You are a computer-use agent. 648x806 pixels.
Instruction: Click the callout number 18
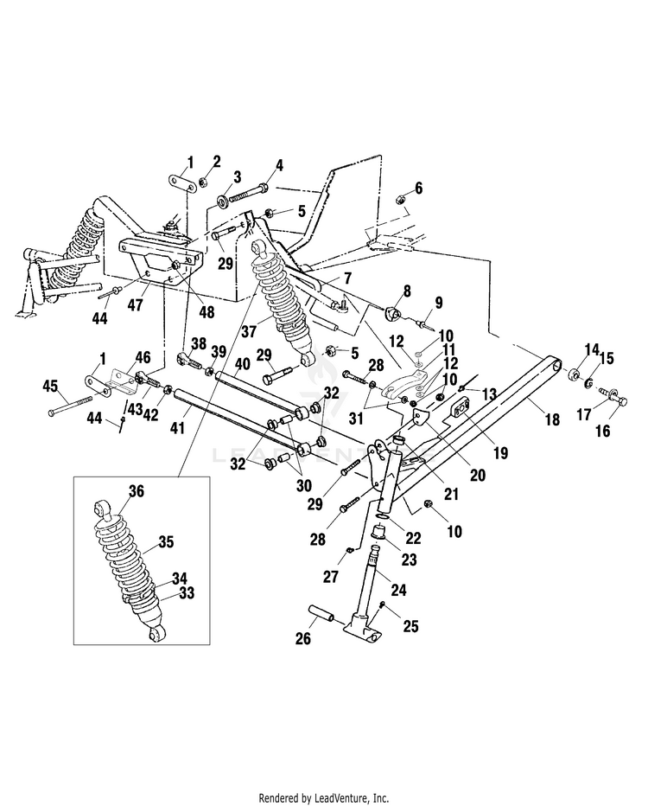click(552, 419)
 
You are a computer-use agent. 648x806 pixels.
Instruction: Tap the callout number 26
click(303, 638)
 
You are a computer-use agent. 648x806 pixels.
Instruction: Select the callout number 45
click(51, 386)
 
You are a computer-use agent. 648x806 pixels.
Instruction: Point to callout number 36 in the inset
click(136, 491)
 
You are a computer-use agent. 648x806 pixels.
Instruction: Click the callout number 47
click(135, 305)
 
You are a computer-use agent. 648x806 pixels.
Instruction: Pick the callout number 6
click(419, 189)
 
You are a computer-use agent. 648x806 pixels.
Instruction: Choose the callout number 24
click(398, 590)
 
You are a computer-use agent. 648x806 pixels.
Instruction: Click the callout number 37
click(249, 331)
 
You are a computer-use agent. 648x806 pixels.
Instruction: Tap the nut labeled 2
click(203, 182)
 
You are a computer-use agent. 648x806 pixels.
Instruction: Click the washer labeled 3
click(225, 200)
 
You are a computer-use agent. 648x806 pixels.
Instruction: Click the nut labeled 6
click(401, 199)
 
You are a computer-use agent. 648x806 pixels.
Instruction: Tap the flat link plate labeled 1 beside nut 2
click(182, 184)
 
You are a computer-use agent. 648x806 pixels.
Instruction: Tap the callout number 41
click(177, 426)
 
